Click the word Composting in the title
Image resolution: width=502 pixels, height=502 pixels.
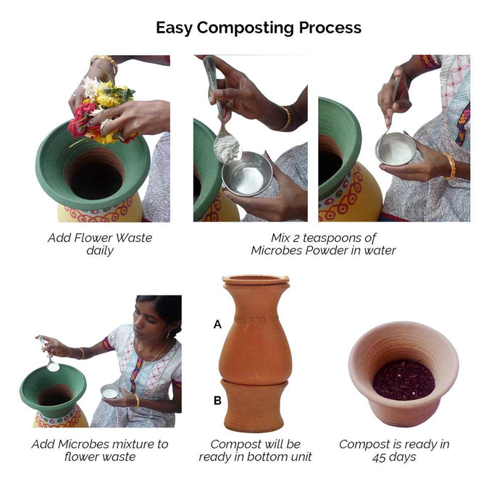(x=245, y=28)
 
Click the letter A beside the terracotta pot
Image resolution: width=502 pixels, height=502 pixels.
(x=217, y=325)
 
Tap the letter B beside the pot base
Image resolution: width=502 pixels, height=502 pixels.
(x=217, y=400)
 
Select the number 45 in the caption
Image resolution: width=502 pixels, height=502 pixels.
(x=380, y=457)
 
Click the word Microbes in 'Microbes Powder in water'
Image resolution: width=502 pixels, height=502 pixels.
(x=276, y=251)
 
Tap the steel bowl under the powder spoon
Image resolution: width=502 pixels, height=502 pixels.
(x=247, y=174)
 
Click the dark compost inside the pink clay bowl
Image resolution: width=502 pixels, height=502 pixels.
(x=403, y=380)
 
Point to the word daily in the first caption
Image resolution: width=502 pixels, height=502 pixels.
(x=100, y=251)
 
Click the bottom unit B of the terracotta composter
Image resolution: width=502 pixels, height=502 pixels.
(x=254, y=405)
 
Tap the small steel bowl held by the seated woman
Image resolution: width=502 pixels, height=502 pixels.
(x=110, y=391)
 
